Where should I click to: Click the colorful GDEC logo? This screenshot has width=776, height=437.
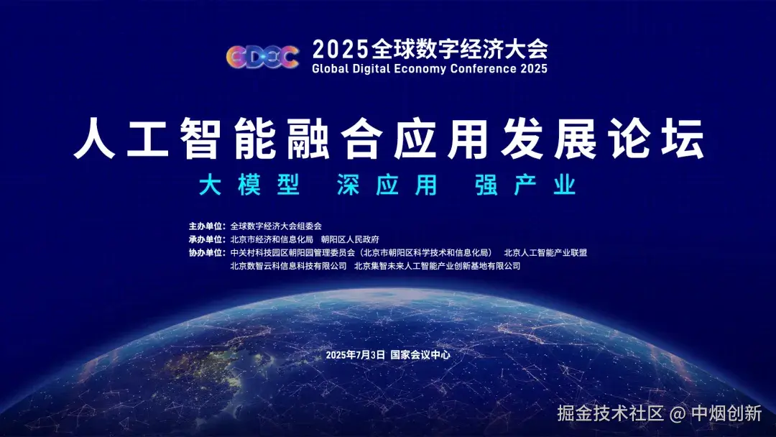coord(262,56)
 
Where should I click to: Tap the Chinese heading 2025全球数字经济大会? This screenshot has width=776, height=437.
coord(430,49)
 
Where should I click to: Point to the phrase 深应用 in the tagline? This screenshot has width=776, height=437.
coord(387,185)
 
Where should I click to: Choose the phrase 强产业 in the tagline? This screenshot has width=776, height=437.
coord(525,185)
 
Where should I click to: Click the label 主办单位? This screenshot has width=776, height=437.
coord(208,226)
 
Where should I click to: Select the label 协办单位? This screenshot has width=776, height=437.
coord(208,253)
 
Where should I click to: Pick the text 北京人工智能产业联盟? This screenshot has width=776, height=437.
coord(545,253)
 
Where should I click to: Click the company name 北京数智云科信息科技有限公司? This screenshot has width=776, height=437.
coord(288,266)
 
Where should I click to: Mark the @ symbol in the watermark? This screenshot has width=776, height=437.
coord(678,414)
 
